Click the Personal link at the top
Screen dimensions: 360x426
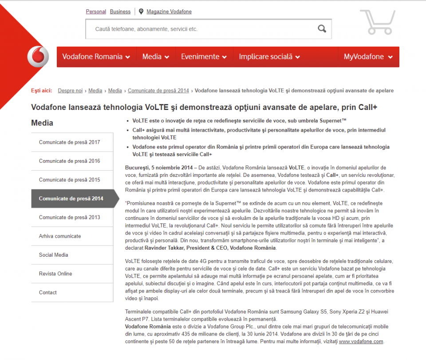click(96, 12)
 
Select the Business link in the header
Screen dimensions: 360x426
click(120, 12)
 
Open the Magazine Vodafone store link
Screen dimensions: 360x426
click(169, 12)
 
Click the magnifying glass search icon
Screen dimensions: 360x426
click(322, 29)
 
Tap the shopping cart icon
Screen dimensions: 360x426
click(377, 22)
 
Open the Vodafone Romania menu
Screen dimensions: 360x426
click(96, 57)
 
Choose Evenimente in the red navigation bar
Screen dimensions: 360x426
click(204, 57)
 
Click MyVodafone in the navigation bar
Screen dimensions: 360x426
click(368, 57)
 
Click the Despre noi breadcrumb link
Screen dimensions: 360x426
click(70, 90)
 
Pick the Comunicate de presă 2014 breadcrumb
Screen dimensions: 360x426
click(158, 90)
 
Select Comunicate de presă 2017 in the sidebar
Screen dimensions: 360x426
click(69, 142)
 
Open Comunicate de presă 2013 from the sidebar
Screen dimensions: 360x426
click(69, 217)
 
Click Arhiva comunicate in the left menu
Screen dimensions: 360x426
click(60, 236)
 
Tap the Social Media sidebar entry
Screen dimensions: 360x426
click(53, 255)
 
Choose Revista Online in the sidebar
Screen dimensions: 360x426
click(55, 274)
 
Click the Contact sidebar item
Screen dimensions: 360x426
click(48, 293)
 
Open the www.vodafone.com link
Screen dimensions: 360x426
click(361, 341)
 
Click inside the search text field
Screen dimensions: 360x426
click(200, 29)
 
